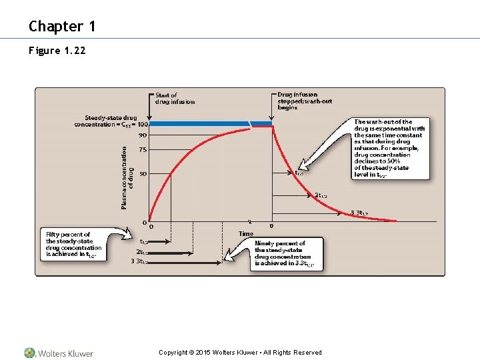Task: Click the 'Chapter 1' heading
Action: pyautogui.click(x=62, y=27)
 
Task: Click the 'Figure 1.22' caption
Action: pyautogui.click(x=57, y=51)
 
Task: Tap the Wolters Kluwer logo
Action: pyautogui.click(x=59, y=353)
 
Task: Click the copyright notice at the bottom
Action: pyautogui.click(x=240, y=353)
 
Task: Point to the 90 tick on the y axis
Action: pyautogui.click(x=143, y=135)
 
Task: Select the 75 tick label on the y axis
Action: pyautogui.click(x=143, y=151)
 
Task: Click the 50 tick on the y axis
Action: pyautogui.click(x=143, y=174)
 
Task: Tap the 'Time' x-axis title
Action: pyautogui.click(x=245, y=233)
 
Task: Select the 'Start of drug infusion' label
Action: pyautogui.click(x=175, y=99)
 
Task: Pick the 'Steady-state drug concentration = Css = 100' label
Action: pyautogui.click(x=111, y=121)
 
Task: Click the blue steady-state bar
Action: pyautogui.click(x=200, y=124)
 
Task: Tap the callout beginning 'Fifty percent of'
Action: pyautogui.click(x=73, y=244)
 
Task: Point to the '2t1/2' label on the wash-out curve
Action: pyautogui.click(x=320, y=195)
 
